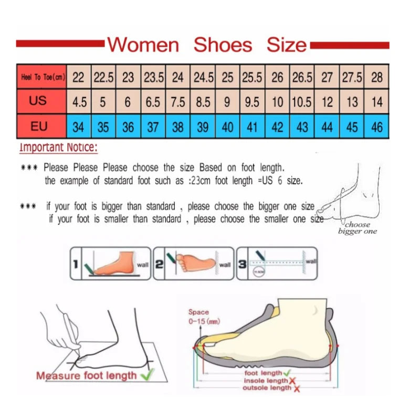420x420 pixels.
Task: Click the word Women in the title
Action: point(143,45)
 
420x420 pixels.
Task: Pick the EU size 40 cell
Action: point(227,127)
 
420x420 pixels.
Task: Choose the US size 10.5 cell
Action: point(301,101)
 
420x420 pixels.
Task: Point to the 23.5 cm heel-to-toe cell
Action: point(154,77)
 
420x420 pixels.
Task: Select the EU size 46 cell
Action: point(376,127)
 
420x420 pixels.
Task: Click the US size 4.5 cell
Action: point(79,101)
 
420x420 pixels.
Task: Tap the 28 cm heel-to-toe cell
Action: point(376,77)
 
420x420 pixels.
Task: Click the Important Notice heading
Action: point(58,148)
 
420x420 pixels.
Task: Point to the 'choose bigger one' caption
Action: point(357,228)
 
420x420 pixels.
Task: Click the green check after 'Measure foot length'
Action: point(147,374)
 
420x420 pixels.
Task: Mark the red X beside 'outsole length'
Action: point(297,388)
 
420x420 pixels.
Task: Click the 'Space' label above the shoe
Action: point(198,312)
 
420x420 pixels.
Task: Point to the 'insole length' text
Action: point(265,380)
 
